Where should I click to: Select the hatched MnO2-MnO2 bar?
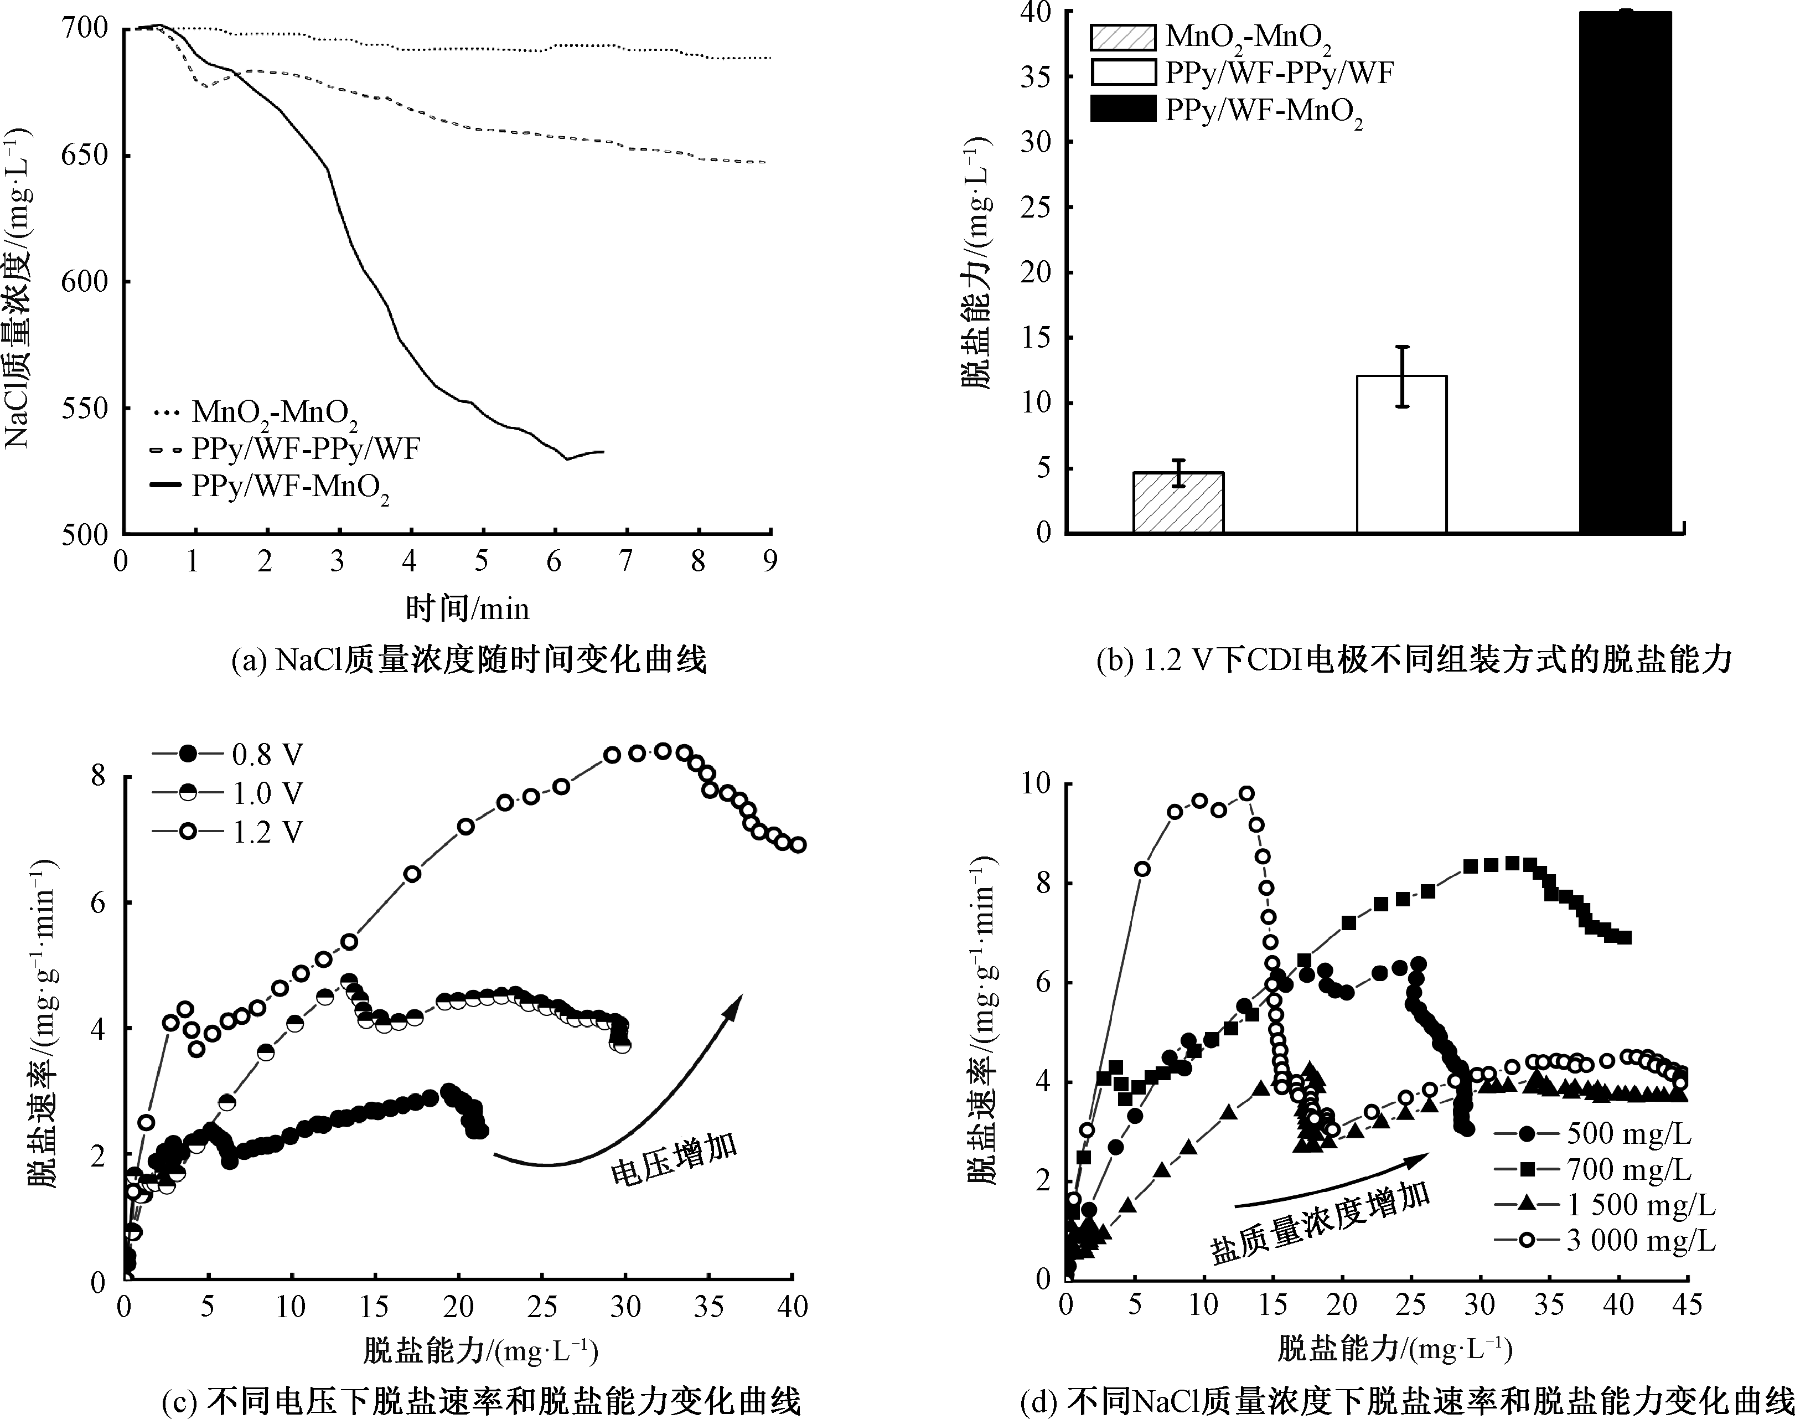pos(1178,503)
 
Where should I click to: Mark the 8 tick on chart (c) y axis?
pos(98,776)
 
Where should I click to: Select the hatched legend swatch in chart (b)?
pos(1122,38)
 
